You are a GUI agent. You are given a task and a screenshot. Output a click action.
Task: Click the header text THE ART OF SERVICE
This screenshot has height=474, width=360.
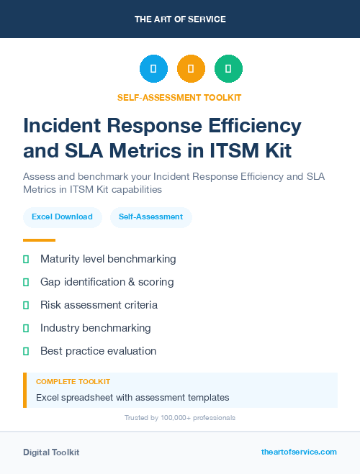pyautogui.click(x=180, y=19)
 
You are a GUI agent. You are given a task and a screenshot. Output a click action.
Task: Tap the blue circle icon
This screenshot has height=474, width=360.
pyautogui.click(x=153, y=69)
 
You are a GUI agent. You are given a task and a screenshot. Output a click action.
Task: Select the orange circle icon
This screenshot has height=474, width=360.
pyautogui.click(x=191, y=69)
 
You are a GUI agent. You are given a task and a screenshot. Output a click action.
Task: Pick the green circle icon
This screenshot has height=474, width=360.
pyautogui.click(x=228, y=69)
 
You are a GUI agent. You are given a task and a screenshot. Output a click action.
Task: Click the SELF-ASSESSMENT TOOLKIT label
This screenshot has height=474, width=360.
pyautogui.click(x=179, y=97)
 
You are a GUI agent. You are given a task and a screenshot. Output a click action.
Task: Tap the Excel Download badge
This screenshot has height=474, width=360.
pyautogui.click(x=62, y=217)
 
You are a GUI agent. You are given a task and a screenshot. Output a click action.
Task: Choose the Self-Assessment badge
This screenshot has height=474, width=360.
pyautogui.click(x=150, y=217)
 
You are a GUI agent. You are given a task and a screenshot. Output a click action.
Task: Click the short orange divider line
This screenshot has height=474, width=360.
pyautogui.click(x=39, y=240)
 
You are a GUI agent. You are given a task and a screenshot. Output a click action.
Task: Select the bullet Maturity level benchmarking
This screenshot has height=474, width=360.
pyautogui.click(x=108, y=259)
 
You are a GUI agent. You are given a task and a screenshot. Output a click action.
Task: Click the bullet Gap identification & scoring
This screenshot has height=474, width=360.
pyautogui.click(x=107, y=282)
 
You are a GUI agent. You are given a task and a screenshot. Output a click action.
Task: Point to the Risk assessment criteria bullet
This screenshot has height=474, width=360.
pyautogui.click(x=99, y=305)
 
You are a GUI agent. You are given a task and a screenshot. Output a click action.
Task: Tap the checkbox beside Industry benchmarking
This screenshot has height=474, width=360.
pyautogui.click(x=26, y=328)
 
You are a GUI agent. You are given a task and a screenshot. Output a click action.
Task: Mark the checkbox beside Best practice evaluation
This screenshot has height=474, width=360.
pyautogui.click(x=26, y=351)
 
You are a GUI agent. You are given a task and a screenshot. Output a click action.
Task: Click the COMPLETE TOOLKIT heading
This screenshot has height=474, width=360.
pyautogui.click(x=73, y=381)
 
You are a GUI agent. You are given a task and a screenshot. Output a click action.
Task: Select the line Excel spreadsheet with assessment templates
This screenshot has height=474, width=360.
pyautogui.click(x=132, y=397)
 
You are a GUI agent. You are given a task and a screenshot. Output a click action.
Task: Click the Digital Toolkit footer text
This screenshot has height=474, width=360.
pyautogui.click(x=51, y=452)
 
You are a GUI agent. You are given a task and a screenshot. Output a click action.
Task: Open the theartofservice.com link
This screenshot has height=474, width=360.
pyautogui.click(x=299, y=452)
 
